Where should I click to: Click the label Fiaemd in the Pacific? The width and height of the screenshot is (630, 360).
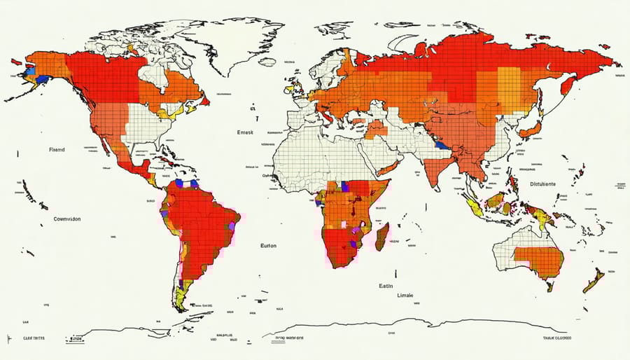[56, 150]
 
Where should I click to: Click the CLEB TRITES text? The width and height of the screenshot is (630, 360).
[23, 338]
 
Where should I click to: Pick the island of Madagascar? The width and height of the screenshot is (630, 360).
[381, 237]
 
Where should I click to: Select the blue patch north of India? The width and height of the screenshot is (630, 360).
[441, 145]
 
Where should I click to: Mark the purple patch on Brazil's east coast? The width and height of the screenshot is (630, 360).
[230, 226]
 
